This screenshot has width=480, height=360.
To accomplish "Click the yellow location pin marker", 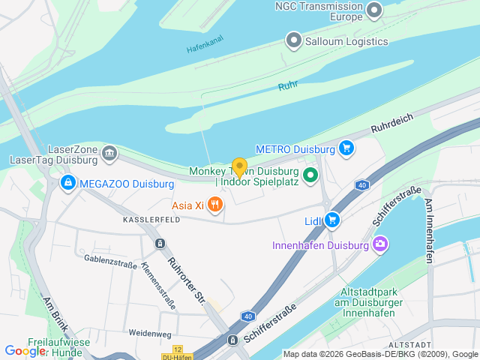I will (x=239, y=167).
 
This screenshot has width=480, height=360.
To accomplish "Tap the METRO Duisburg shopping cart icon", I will (x=346, y=148).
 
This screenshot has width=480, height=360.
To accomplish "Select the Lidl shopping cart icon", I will (x=333, y=220).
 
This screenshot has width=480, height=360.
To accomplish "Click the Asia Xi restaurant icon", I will (x=215, y=204).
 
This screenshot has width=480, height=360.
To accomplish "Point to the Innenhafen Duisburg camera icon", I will (x=381, y=244).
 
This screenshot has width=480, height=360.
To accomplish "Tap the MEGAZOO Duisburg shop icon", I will (x=68, y=183).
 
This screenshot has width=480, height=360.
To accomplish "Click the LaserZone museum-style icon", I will (x=109, y=154).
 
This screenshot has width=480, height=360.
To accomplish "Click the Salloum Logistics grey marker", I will (x=294, y=40).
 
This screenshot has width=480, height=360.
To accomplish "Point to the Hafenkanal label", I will (x=205, y=46).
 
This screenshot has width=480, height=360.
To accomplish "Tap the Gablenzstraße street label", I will (x=111, y=260).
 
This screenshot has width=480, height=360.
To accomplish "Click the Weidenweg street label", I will (x=150, y=333).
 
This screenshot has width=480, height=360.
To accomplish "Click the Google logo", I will (x=25, y=350).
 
